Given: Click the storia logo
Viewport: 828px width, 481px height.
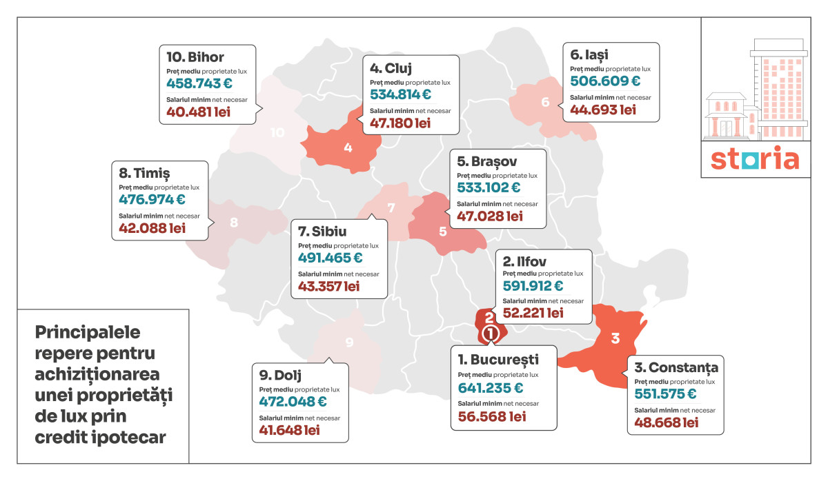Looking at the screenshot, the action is click(x=755, y=158).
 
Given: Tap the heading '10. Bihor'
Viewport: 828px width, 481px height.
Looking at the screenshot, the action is click(x=195, y=57).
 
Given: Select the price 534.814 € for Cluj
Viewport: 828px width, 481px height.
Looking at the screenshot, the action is click(x=400, y=94).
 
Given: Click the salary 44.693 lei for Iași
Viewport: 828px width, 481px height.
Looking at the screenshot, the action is click(x=603, y=110).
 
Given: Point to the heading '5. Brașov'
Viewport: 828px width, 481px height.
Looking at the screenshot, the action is click(x=487, y=161).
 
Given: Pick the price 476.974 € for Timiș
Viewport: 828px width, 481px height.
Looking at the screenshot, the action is click(x=152, y=199).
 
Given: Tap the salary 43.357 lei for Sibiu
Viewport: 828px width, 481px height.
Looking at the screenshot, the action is click(x=328, y=286).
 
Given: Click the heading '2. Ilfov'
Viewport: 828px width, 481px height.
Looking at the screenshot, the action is click(x=524, y=262).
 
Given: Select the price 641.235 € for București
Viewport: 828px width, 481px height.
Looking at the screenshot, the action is click(x=491, y=388).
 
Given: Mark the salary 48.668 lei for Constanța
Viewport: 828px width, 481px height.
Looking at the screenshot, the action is click(x=667, y=422).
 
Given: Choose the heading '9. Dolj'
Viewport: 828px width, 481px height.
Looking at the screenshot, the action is click(x=280, y=376).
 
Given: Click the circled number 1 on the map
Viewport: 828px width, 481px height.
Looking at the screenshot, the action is click(x=490, y=334).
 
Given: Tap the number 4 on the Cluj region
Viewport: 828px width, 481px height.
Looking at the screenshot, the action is click(x=348, y=147).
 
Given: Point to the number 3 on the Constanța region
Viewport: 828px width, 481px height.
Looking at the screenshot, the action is click(x=615, y=338).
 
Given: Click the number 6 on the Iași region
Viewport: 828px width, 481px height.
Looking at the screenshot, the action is click(x=545, y=102).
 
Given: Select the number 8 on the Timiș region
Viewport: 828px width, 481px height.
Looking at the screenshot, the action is click(x=234, y=222).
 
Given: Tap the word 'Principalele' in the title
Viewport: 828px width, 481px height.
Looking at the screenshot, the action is click(x=88, y=332).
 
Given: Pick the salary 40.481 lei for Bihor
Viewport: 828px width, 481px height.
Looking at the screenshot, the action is click(x=198, y=112).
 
